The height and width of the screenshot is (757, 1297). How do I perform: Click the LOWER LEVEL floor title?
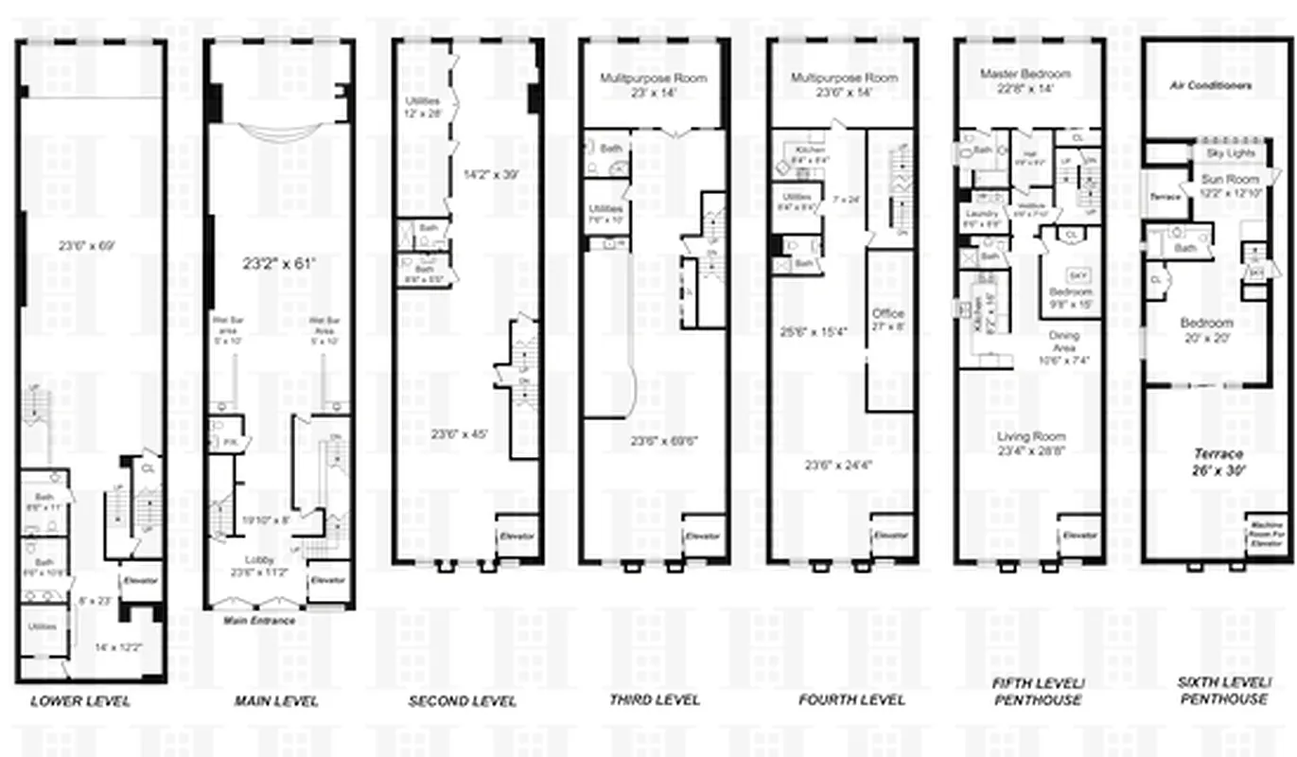[x=80, y=701]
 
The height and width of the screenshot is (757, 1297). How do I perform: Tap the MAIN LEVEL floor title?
[x=276, y=701]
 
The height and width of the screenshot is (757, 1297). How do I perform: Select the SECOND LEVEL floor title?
[x=463, y=701]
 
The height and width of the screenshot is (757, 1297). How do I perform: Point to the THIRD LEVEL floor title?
[x=654, y=699]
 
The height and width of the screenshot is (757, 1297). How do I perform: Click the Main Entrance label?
[x=258, y=621]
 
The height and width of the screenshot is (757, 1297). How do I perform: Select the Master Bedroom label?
[x=1025, y=74]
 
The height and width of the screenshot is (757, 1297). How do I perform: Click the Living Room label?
[x=1030, y=437]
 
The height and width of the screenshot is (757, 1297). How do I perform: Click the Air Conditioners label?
[x=1211, y=85]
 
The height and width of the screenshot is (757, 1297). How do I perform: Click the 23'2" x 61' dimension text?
[x=278, y=265]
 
